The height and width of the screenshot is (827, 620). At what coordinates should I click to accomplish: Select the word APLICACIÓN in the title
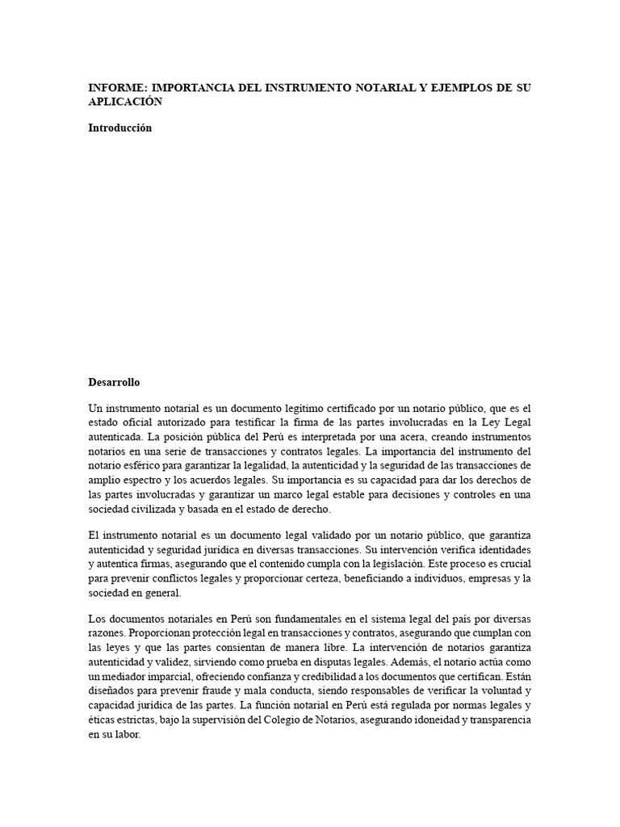(x=125, y=102)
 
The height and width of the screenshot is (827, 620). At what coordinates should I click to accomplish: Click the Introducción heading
(x=120, y=128)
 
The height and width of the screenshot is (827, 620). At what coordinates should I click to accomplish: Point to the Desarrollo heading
(x=114, y=382)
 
